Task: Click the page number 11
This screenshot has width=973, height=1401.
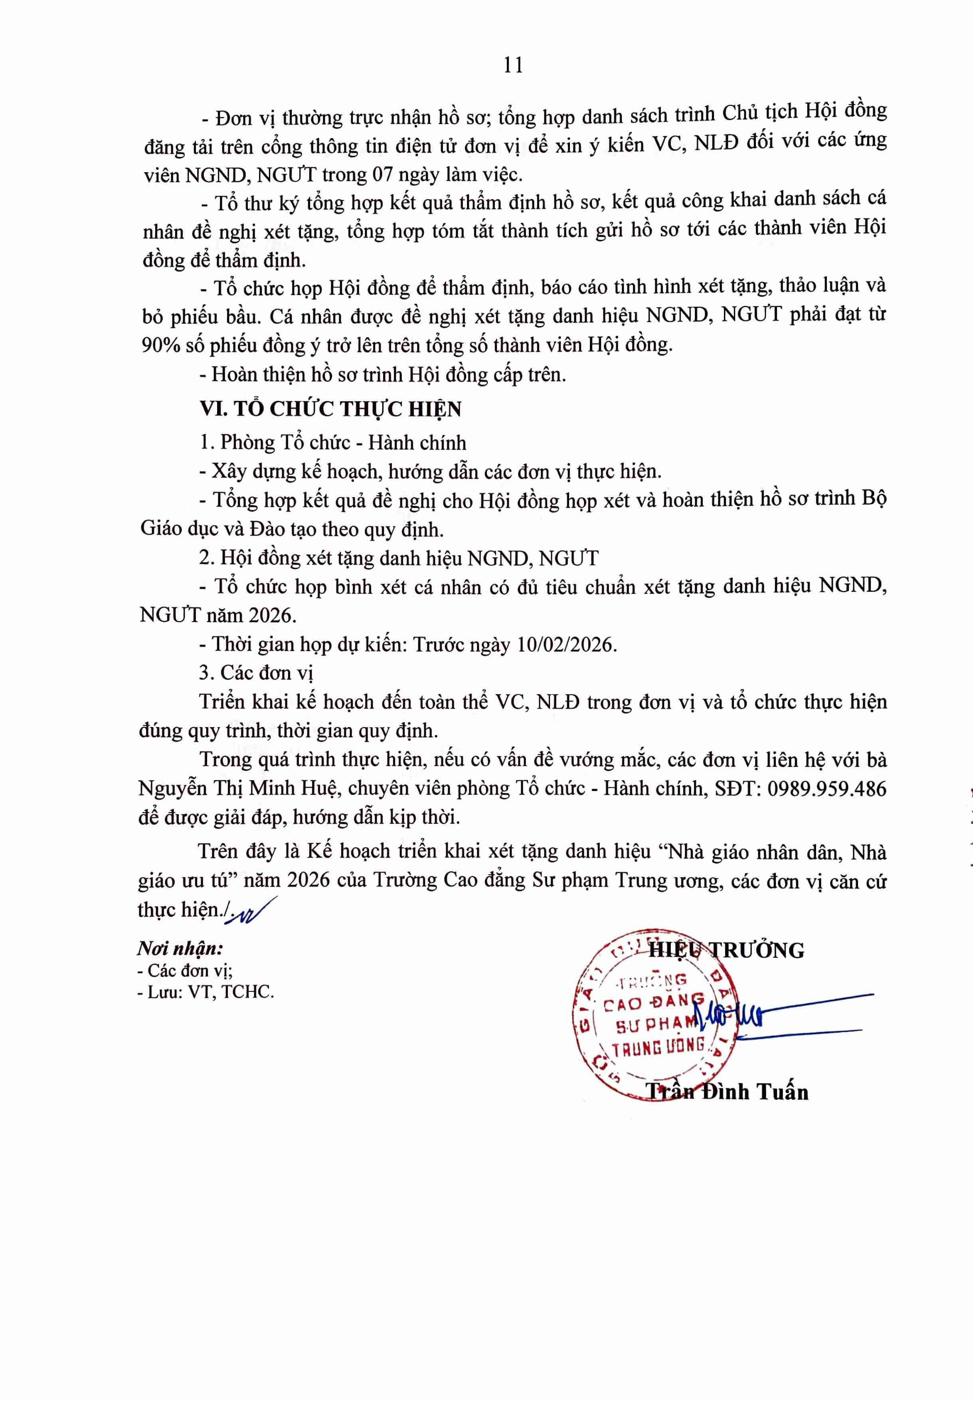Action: tap(513, 65)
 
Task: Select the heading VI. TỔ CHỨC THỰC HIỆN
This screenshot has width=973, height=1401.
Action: tap(330, 409)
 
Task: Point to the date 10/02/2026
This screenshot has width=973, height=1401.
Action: tap(566, 645)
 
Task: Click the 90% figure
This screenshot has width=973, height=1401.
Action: tap(162, 346)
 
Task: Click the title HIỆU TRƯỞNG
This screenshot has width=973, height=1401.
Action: tap(726, 950)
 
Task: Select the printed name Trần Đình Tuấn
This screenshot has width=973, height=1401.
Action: tap(727, 1092)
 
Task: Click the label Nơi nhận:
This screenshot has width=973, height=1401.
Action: tap(180, 948)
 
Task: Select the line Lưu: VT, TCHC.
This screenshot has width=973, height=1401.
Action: tap(206, 992)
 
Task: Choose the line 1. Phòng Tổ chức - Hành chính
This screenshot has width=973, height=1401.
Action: tap(333, 442)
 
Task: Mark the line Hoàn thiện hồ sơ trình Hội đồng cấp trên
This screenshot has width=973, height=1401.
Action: tap(383, 375)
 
